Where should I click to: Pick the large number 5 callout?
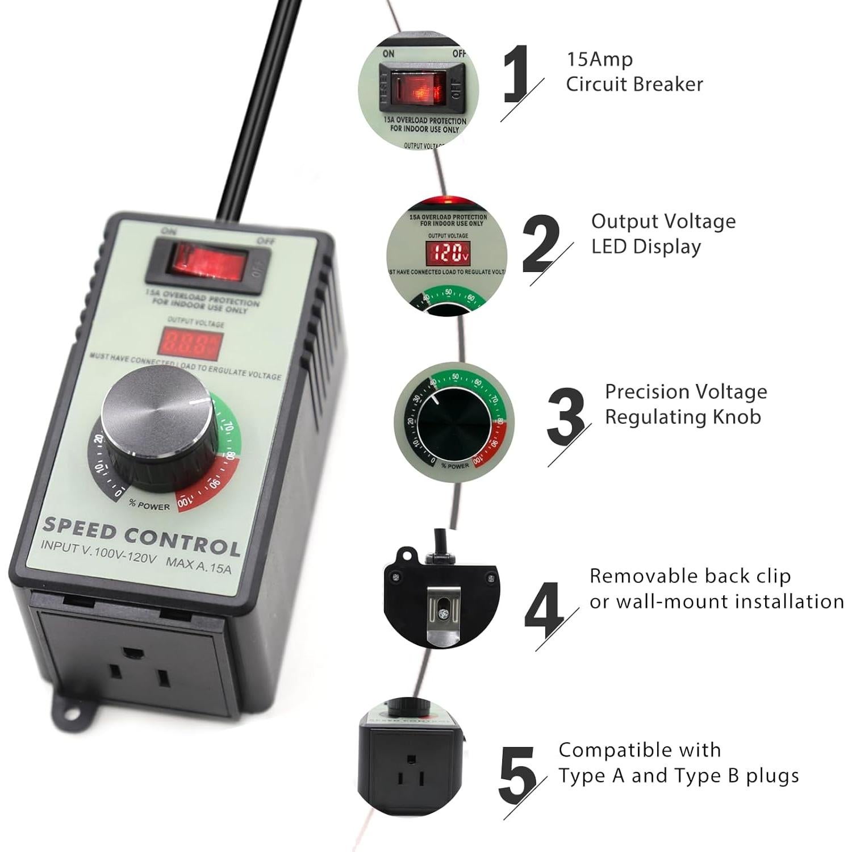[517, 773]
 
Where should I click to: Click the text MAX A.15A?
[199, 565]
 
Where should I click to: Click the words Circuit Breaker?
[634, 84]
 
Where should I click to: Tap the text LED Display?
[646, 247]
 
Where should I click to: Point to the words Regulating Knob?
[682, 416]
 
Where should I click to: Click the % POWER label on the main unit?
[149, 504]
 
